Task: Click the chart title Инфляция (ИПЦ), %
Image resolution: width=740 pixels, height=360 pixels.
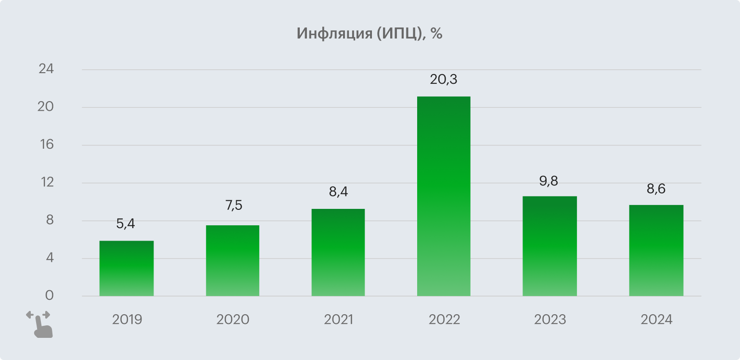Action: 369,34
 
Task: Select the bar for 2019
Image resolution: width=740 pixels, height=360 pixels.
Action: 127,269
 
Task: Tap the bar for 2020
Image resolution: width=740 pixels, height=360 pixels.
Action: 232,261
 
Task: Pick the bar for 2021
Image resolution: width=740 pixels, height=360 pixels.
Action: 338,253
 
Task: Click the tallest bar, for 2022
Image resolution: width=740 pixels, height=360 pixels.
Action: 444,196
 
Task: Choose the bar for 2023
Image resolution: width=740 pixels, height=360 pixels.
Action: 549,246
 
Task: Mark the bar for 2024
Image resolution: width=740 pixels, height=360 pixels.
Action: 656,251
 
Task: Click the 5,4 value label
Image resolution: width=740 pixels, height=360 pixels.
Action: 126,224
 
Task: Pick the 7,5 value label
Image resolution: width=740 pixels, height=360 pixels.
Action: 233,206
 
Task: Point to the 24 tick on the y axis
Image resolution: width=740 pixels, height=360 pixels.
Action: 46,69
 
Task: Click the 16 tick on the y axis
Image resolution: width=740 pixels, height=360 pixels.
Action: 46,145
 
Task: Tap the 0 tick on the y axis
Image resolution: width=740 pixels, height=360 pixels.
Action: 49,296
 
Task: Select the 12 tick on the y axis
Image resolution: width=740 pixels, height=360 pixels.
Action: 46,183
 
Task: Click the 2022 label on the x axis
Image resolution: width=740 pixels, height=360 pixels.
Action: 444,320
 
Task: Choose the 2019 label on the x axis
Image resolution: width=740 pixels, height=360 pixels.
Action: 127,320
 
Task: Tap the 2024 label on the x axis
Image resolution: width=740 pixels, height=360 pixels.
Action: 656,320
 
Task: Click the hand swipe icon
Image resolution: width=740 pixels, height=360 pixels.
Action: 39,323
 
